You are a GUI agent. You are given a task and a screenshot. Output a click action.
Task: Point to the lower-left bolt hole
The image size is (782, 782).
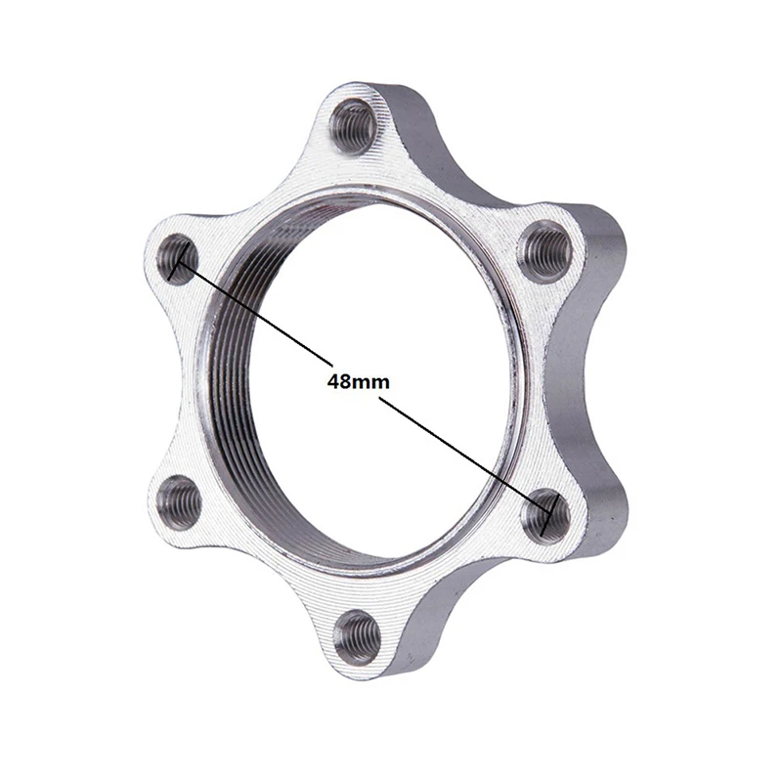[180, 501]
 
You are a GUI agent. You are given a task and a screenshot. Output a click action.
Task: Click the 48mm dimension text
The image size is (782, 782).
[358, 381]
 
